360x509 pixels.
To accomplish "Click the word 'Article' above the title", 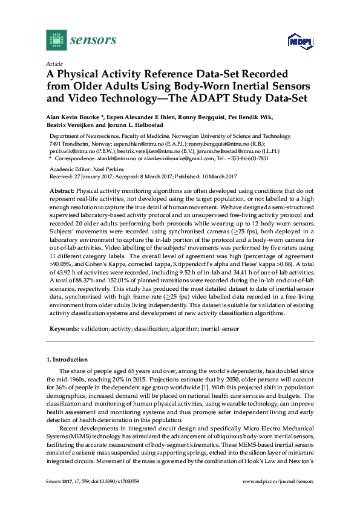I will pos(53,63).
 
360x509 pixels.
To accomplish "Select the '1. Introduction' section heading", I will pos(67,359).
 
